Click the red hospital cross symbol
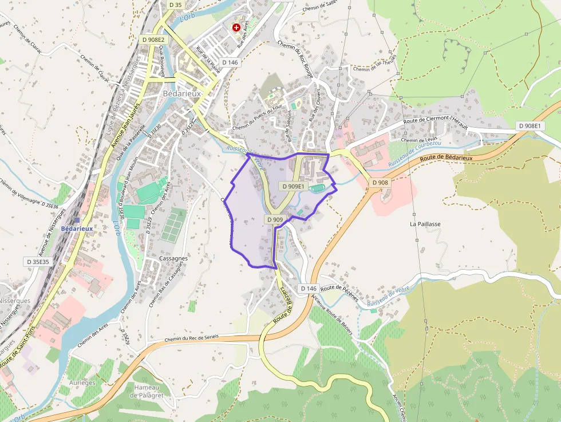236,27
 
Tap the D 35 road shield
176,5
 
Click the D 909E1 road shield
293,186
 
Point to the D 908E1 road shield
531,126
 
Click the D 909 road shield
275,219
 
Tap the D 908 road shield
380,183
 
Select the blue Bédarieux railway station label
77,228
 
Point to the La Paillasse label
425,224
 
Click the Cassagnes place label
173,258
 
